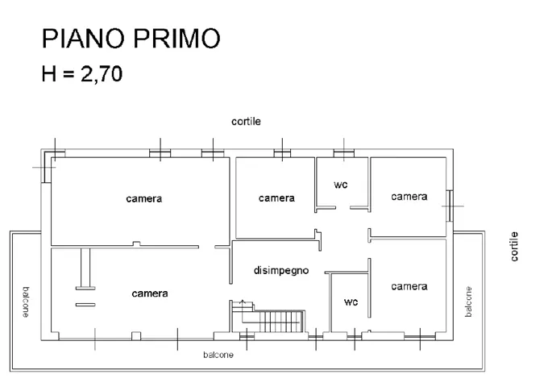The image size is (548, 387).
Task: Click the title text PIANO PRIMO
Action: tap(131, 38)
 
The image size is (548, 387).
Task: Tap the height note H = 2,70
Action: tap(82, 74)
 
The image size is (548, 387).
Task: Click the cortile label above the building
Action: tap(246, 122)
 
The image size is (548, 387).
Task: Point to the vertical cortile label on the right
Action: tap(514, 247)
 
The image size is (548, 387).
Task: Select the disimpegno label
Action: tap(281, 270)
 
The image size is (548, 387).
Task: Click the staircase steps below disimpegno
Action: tap(280, 321)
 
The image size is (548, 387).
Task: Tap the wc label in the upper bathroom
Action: tap(341, 185)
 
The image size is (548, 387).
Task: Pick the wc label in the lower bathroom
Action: tap(351, 302)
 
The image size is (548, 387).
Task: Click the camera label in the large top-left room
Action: tap(144, 199)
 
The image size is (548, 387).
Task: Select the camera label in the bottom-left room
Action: tap(150, 293)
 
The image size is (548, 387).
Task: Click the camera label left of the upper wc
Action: tap(276, 198)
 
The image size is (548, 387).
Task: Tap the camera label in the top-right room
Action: tap(409, 197)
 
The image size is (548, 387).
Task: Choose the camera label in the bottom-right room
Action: tap(409, 286)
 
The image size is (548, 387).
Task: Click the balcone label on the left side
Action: tap(26, 302)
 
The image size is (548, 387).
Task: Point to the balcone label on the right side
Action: tap(468, 302)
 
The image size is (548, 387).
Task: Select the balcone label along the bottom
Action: tap(218, 355)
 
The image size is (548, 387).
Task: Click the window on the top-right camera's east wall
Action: tap(450, 206)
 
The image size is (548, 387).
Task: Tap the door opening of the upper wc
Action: tap(342, 208)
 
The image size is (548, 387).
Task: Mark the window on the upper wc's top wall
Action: tap(344, 153)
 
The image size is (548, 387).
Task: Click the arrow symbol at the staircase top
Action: tap(243, 303)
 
